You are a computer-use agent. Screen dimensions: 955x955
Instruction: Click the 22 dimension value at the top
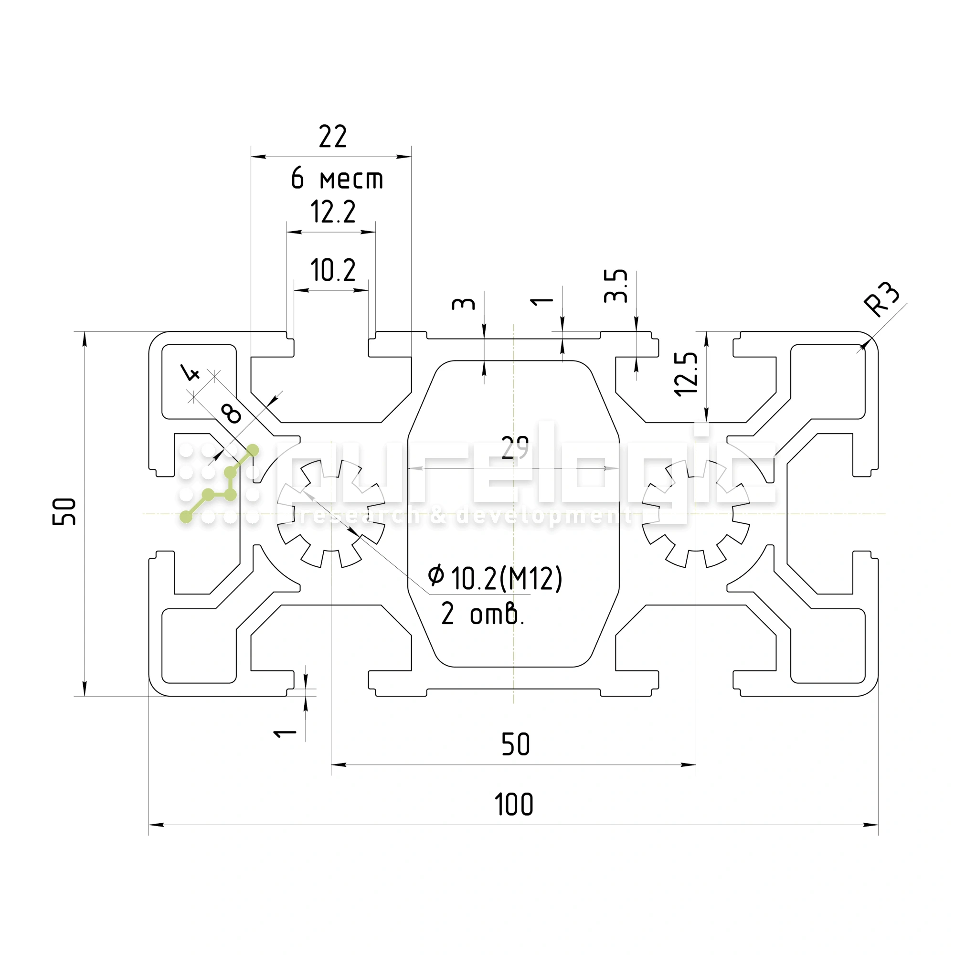click(x=333, y=137)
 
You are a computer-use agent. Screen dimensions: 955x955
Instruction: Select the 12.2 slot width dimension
click(x=333, y=212)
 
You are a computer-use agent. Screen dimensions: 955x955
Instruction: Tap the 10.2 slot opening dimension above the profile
click(x=333, y=270)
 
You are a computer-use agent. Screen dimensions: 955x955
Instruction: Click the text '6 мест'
click(x=337, y=179)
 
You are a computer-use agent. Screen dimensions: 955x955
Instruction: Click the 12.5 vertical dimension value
click(x=687, y=374)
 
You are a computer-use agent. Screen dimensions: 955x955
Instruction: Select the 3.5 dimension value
click(x=616, y=286)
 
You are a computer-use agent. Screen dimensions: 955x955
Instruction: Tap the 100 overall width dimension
click(x=514, y=805)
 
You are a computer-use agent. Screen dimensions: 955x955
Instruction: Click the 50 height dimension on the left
click(x=65, y=511)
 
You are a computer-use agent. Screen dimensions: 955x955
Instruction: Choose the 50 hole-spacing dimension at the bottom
click(x=516, y=745)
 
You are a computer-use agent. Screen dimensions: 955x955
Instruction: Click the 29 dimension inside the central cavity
click(x=515, y=447)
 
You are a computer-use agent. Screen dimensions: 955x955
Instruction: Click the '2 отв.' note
click(x=482, y=615)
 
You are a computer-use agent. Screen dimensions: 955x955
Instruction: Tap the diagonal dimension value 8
click(x=232, y=413)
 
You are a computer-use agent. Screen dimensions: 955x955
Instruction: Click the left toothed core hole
click(x=331, y=514)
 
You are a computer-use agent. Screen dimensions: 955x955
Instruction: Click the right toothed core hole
click(x=696, y=514)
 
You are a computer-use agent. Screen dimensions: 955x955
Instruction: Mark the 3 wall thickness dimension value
click(x=463, y=304)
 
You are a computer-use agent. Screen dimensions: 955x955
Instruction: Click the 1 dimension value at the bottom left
click(x=285, y=732)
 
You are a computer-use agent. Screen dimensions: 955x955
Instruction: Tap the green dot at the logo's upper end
click(x=253, y=450)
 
